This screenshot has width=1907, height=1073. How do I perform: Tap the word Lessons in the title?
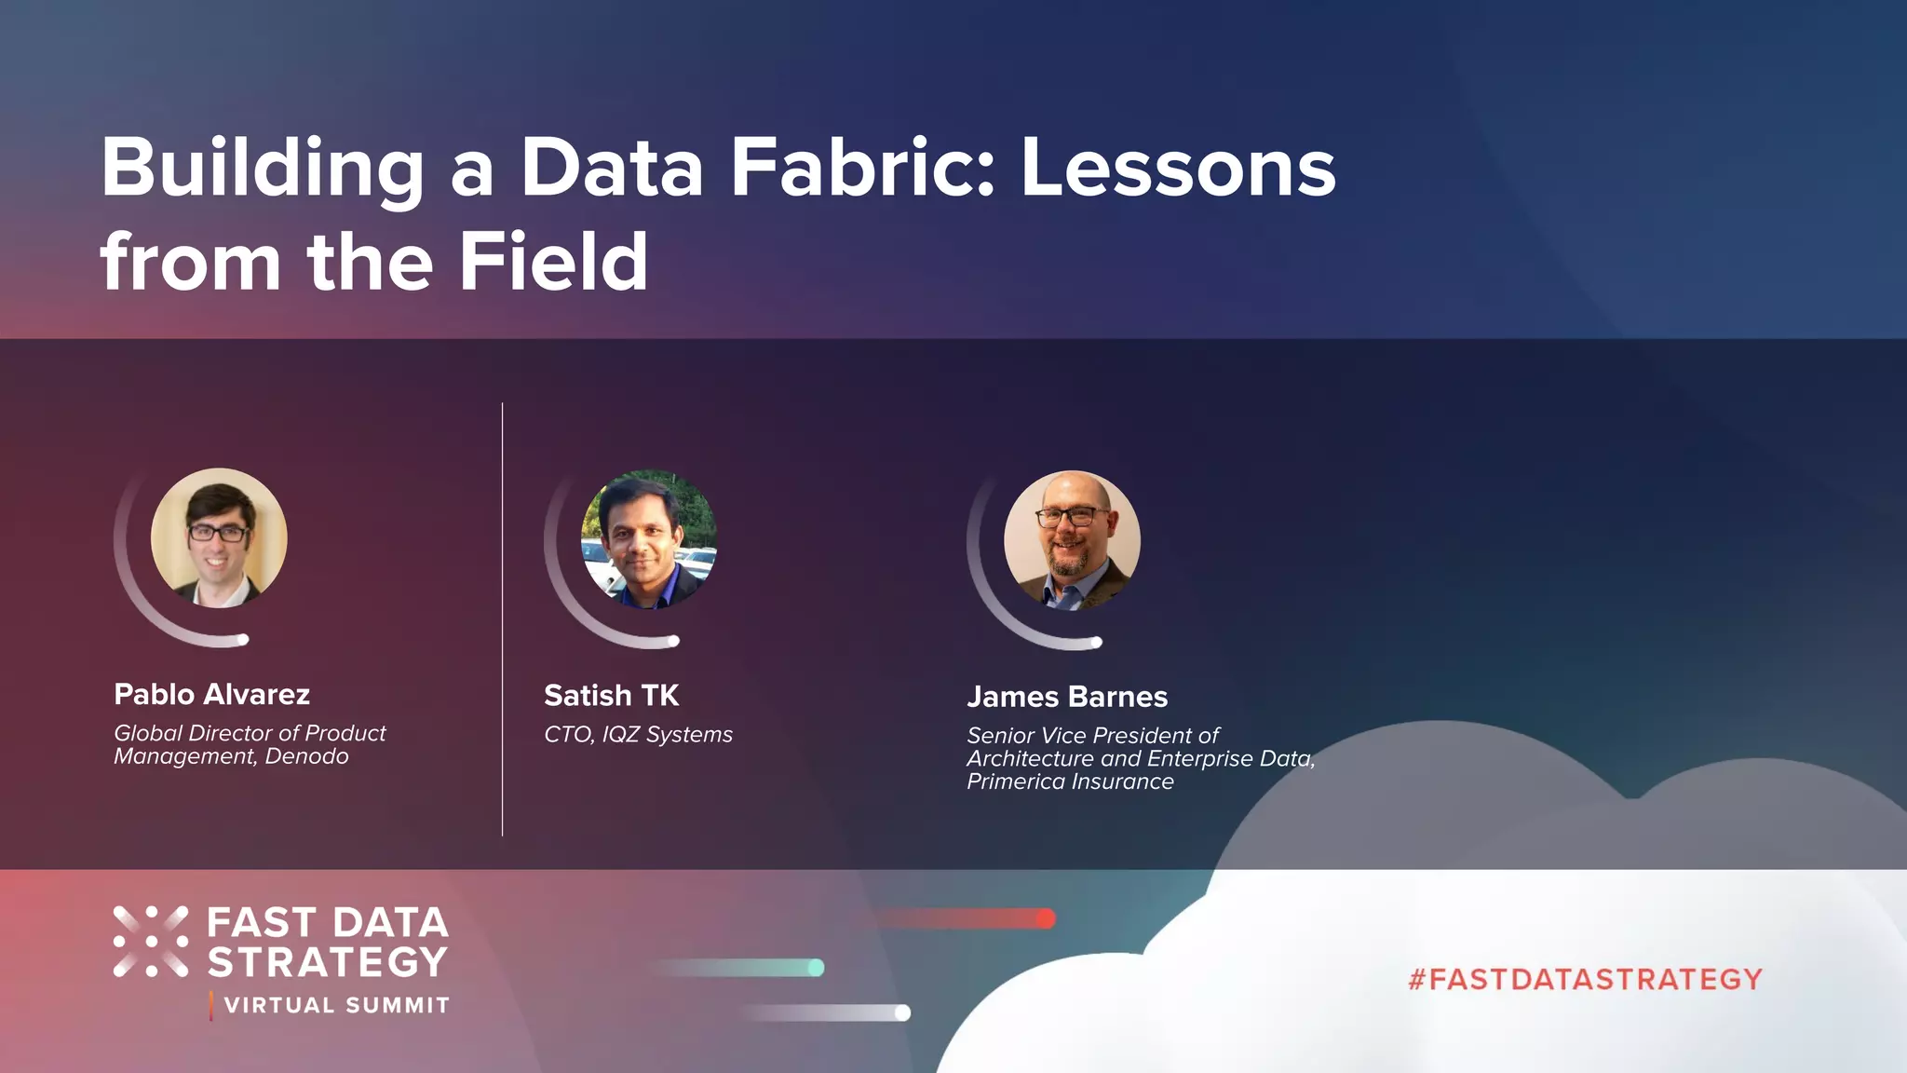1178,169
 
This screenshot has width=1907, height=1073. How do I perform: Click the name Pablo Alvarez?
211,695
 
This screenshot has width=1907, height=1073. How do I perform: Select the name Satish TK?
611,696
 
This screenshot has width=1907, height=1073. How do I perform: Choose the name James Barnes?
1066,697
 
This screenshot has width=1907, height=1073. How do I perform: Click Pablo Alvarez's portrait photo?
219,537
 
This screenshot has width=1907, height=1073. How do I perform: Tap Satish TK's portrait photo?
649,538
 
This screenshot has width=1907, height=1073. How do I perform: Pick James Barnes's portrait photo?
1072,539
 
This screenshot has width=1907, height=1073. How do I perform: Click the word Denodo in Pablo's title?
306,756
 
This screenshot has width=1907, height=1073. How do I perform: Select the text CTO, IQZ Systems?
638,735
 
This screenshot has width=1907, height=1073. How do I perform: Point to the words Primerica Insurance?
1070,781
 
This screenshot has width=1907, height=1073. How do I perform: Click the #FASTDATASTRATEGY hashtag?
1585,979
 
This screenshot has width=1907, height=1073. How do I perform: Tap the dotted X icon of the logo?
151,942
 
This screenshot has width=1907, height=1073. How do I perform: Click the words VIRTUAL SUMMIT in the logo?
337,1006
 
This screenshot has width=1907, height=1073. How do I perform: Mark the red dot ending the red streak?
1046,918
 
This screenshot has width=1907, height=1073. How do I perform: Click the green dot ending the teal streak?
816,968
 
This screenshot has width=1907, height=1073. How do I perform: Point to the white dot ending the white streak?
902,1012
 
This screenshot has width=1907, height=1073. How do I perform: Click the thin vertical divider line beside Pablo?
502,619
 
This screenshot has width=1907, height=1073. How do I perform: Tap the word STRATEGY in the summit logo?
327,962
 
